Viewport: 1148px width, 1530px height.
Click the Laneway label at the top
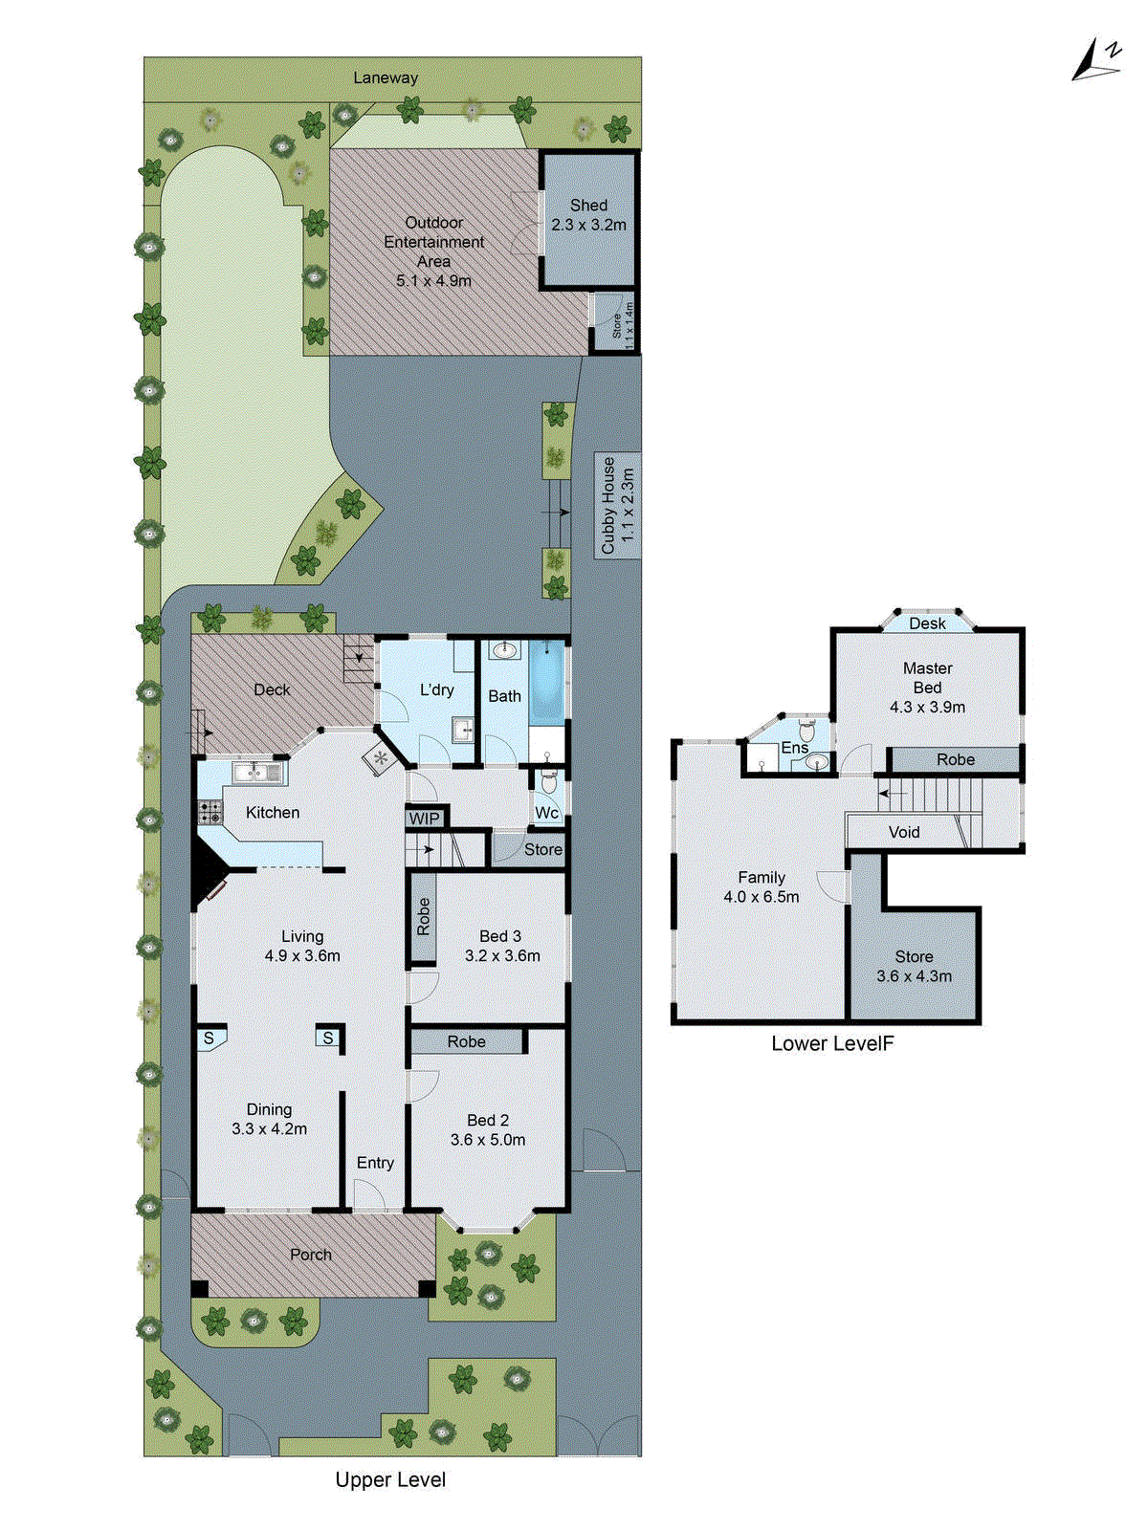coord(386,77)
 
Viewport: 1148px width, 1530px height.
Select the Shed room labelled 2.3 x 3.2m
coord(588,215)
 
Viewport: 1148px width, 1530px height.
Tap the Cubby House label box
coord(617,506)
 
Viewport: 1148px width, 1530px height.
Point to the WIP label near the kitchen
coord(424,819)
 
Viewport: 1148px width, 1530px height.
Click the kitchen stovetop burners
coord(210,813)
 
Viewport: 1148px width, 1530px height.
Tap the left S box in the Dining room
coord(209,1038)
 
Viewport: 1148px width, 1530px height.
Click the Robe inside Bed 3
coord(423,917)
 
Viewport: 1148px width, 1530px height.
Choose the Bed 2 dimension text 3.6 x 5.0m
coord(488,1140)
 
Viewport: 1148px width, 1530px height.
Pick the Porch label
coord(311,1255)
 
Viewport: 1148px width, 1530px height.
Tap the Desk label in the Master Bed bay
coord(927,623)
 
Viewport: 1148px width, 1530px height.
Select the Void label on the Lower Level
coord(904,832)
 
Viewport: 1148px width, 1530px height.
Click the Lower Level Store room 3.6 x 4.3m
coord(914,966)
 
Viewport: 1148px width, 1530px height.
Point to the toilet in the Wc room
coord(549,781)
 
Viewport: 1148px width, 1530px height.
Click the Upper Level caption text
coord(390,1480)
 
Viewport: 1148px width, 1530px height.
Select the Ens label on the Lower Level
coord(794,748)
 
